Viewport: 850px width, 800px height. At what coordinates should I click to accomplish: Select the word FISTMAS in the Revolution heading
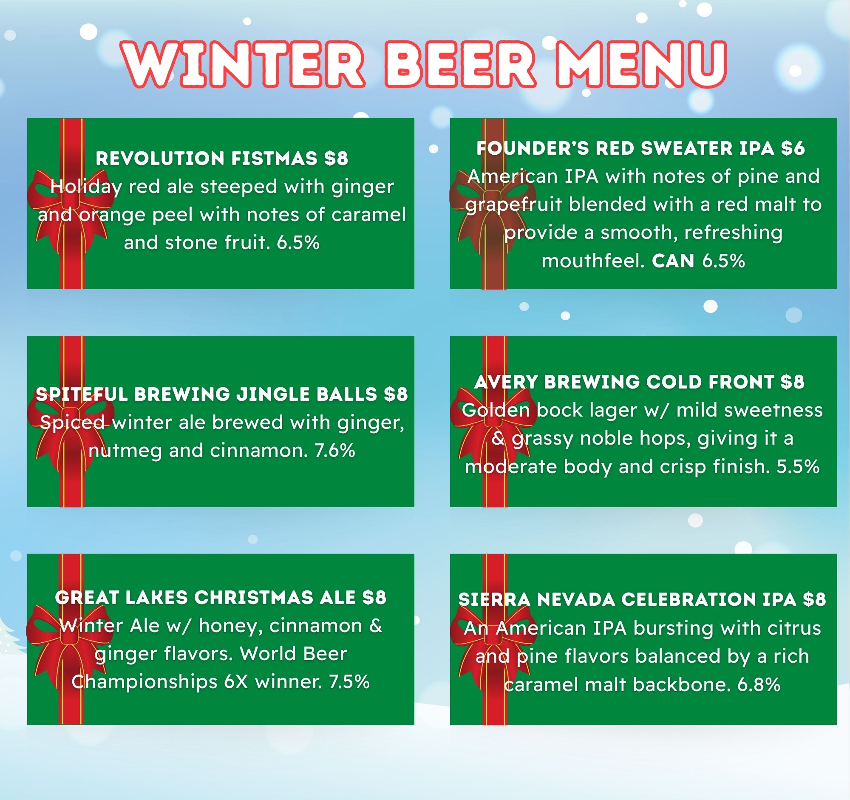(x=275, y=158)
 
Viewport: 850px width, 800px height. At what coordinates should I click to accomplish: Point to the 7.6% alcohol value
(x=335, y=450)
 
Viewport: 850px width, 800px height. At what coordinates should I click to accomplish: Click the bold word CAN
(x=673, y=261)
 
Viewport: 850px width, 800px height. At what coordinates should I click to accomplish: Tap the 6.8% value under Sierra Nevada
(x=759, y=684)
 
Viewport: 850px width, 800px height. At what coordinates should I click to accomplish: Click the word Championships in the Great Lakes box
(x=145, y=682)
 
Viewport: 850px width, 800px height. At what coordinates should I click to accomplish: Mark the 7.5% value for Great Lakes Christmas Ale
(x=349, y=681)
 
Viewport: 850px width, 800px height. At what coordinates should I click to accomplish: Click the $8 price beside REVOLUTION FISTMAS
(x=336, y=158)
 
